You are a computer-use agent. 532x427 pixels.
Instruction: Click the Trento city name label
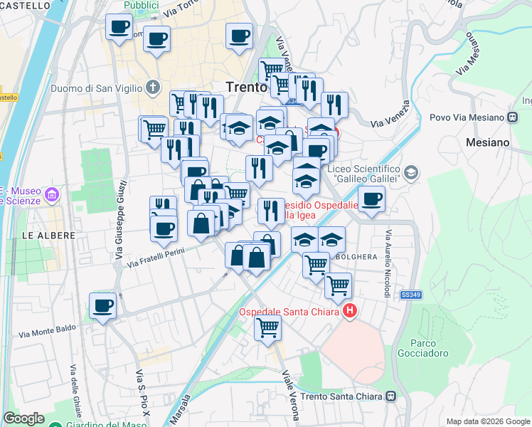coord(245,87)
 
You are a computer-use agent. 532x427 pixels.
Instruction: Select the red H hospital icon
coord(350,311)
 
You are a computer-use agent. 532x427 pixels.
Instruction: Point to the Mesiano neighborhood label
coord(488,142)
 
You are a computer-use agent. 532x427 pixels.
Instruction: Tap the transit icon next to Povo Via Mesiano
coord(512,117)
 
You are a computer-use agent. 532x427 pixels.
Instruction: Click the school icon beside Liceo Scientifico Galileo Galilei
coord(410,172)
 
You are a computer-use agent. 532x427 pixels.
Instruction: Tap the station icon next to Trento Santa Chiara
coord(392,396)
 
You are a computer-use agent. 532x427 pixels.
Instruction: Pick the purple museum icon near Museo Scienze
coord(50,194)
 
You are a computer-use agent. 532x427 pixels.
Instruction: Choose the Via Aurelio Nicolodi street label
coord(388,263)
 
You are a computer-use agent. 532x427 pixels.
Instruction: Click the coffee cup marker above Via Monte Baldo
coord(103,305)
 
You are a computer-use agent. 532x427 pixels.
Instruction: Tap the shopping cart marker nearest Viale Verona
coord(267,327)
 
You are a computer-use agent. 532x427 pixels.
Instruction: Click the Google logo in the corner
coord(23,418)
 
